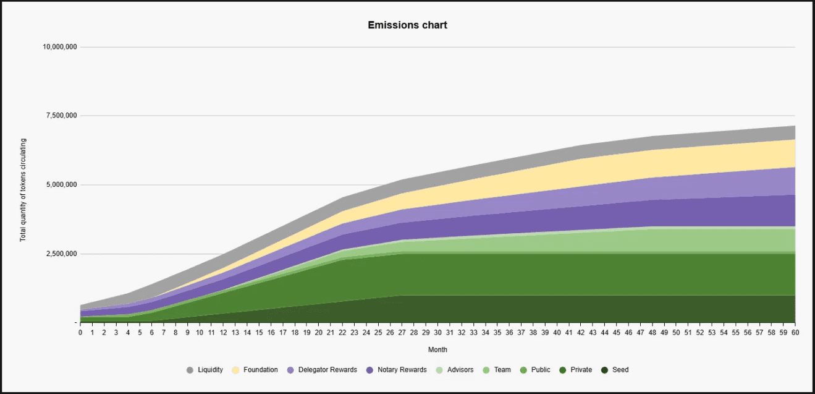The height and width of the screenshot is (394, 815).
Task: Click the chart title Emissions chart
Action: pos(407,25)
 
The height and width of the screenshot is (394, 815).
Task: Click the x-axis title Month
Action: pos(437,350)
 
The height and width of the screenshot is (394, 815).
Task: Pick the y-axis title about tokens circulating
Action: pos(23,190)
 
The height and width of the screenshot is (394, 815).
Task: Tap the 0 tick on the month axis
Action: pos(80,333)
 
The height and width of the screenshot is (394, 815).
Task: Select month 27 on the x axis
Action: pos(402,333)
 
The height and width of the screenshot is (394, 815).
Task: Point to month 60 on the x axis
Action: pos(795,333)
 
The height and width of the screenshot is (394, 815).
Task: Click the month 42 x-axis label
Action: pos(581,333)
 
